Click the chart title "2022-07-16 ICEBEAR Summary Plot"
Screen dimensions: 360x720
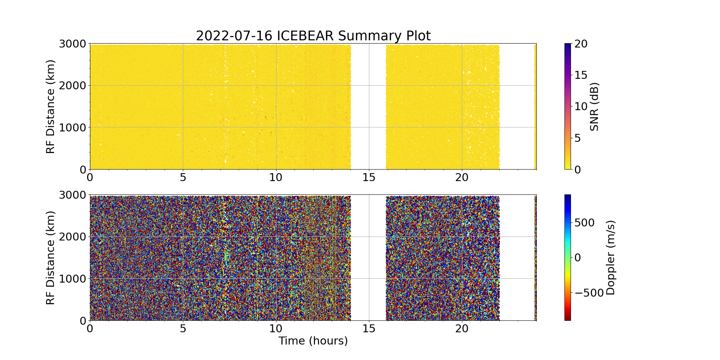(313, 36)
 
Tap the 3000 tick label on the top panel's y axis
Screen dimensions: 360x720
(72, 44)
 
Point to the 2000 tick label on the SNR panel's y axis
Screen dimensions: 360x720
(72, 86)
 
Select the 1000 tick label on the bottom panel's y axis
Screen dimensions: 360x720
(72, 279)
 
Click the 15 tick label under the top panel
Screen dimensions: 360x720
(369, 177)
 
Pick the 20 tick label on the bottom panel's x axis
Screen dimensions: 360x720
(462, 329)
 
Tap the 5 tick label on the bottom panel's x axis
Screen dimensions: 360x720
(183, 329)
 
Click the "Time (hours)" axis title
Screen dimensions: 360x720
(313, 341)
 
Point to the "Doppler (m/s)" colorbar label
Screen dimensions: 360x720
(611, 258)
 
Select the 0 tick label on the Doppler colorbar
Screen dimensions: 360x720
(577, 258)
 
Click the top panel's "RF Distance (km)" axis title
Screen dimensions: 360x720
(51, 107)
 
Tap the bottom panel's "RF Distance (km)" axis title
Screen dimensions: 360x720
(51, 258)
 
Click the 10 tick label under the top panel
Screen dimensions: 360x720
(276, 177)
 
